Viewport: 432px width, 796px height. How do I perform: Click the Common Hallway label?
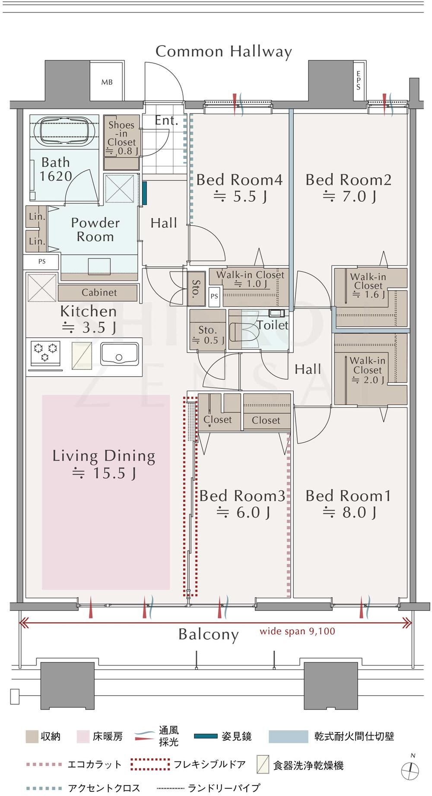pyautogui.click(x=224, y=51)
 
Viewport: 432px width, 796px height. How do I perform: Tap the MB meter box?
pyautogui.click(x=107, y=81)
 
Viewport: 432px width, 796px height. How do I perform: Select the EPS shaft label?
pyautogui.click(x=358, y=81)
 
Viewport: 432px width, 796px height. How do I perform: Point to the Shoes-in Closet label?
pyautogui.click(x=122, y=137)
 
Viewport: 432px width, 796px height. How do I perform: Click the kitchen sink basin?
pyautogui.click(x=120, y=354)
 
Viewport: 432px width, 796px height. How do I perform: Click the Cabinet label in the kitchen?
pyautogui.click(x=99, y=293)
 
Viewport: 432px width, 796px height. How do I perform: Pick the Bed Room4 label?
pyautogui.click(x=239, y=180)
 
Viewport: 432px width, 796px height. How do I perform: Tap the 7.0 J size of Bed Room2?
pyautogui.click(x=349, y=197)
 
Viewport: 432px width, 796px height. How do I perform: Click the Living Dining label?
pyautogui.click(x=104, y=456)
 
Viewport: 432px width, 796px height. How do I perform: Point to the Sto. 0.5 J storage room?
pyautogui.click(x=207, y=329)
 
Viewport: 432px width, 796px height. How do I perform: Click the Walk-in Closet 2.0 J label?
pyautogui.click(x=367, y=370)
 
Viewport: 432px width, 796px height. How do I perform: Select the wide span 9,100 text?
pyautogui.click(x=297, y=631)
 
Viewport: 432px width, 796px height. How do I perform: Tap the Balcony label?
pyautogui.click(x=208, y=635)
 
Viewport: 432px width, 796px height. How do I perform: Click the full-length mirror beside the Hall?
pyautogui.click(x=145, y=193)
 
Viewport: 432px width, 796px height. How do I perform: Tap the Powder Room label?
pyautogui.click(x=95, y=230)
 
